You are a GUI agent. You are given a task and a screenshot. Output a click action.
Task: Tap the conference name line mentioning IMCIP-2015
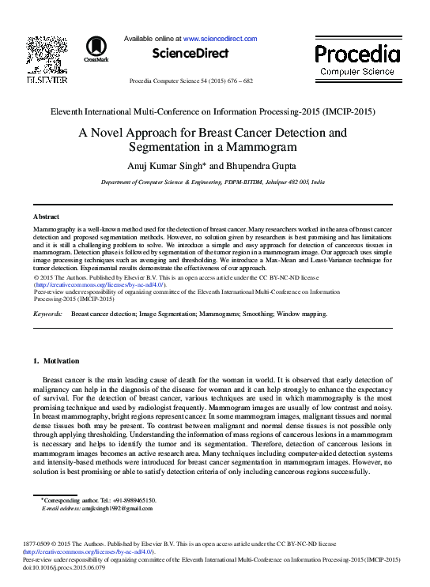[211, 111]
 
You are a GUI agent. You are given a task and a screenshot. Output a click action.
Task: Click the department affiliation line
[213, 182]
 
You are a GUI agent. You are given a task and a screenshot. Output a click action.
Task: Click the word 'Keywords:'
[48, 314]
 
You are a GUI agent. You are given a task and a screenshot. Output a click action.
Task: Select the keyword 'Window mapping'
[303, 314]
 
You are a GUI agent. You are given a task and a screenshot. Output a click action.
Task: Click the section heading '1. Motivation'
[55, 361]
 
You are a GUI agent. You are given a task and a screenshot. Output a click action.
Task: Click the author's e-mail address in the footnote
[119, 508]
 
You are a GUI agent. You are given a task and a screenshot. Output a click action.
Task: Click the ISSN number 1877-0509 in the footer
[38, 544]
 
